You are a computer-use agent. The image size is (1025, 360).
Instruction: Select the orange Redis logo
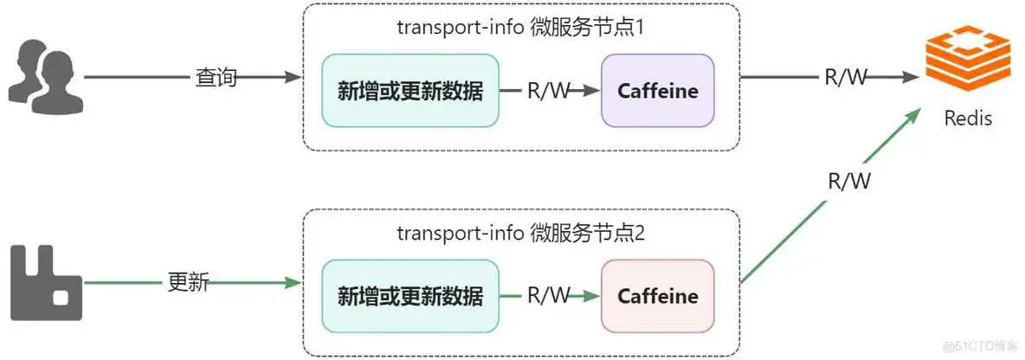pos(967,58)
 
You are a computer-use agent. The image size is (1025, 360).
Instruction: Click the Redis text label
pos(968,118)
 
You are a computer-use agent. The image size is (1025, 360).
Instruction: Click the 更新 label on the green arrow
pos(188,282)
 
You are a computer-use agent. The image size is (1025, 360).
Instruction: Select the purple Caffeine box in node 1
pos(658,91)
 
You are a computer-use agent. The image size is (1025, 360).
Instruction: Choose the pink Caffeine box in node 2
pos(658,296)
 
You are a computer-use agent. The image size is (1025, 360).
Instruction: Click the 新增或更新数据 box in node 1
pos(410,91)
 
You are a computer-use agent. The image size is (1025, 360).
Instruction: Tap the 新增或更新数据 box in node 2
pos(410,296)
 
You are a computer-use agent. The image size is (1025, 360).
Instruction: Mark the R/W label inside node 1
pos(549,91)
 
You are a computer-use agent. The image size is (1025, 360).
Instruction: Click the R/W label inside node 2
pos(549,296)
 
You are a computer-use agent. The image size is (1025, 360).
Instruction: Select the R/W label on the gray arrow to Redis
pos(845,78)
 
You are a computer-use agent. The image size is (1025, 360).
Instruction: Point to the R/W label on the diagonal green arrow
pos(849,181)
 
